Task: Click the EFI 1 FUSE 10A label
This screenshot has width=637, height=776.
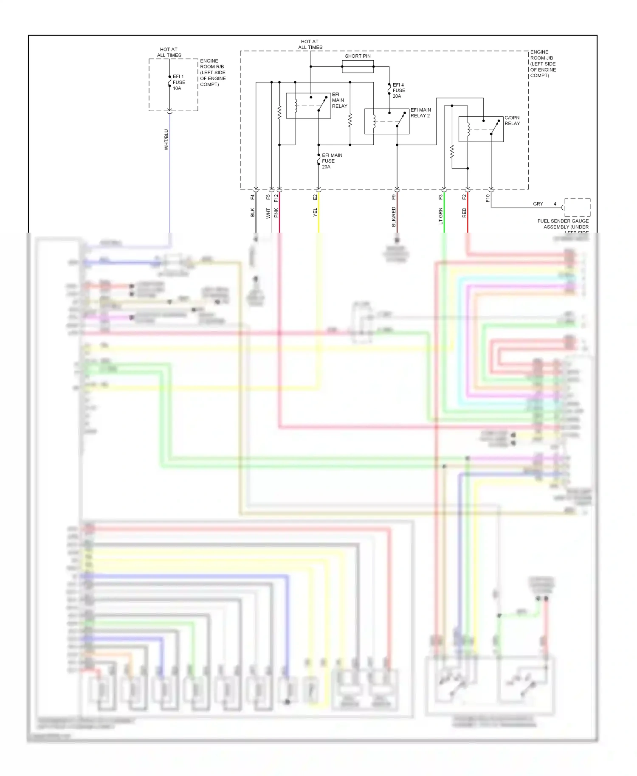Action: [179, 82]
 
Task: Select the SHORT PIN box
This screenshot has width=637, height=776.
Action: [358, 67]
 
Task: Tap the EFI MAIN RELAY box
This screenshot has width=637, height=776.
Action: [308, 106]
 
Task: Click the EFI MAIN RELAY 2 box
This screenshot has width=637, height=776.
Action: [386, 121]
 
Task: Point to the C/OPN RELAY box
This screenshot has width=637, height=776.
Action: [481, 129]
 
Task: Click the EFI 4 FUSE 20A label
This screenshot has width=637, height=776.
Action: [399, 90]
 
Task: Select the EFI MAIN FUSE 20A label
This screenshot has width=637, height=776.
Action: [332, 161]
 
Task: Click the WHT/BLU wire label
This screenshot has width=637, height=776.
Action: [166, 140]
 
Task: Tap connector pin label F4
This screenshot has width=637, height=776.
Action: [252, 197]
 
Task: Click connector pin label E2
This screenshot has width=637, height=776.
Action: [315, 197]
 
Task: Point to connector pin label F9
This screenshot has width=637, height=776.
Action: [394, 197]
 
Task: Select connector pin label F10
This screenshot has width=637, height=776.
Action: [488, 198]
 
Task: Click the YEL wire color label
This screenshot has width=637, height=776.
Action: [315, 212]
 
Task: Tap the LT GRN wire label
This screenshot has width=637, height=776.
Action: [441, 216]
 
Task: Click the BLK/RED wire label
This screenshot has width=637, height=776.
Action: [394, 216]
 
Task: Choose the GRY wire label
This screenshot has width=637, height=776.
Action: [538, 204]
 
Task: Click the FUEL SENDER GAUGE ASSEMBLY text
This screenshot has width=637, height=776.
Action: [563, 224]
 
